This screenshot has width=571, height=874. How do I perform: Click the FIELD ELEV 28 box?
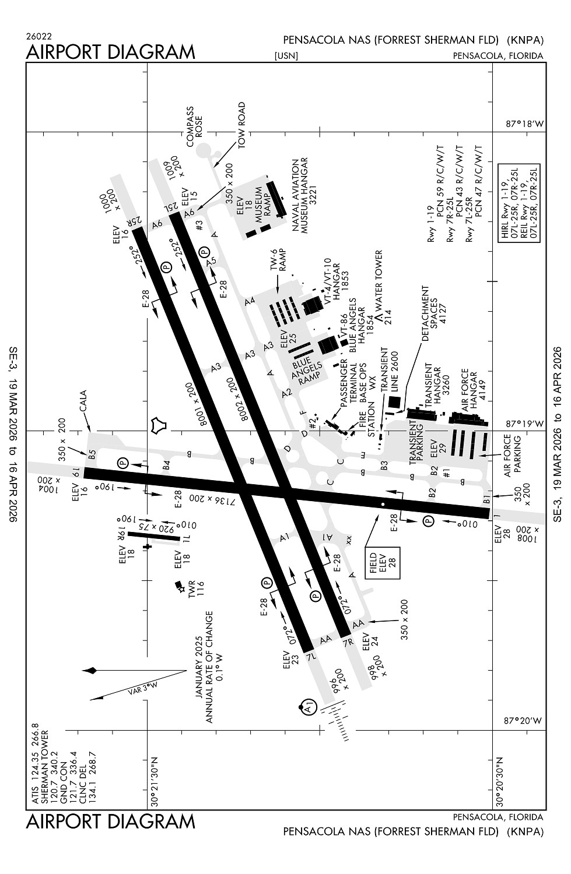point(383,562)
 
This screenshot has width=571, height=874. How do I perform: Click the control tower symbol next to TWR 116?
point(179,585)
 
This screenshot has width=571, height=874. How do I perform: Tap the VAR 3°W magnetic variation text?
point(142,688)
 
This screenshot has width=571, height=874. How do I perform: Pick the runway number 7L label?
point(313,657)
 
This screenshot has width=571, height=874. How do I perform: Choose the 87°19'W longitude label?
point(523,424)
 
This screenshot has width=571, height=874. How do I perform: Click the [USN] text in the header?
point(286,56)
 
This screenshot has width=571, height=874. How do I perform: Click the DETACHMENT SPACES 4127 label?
point(433,315)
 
